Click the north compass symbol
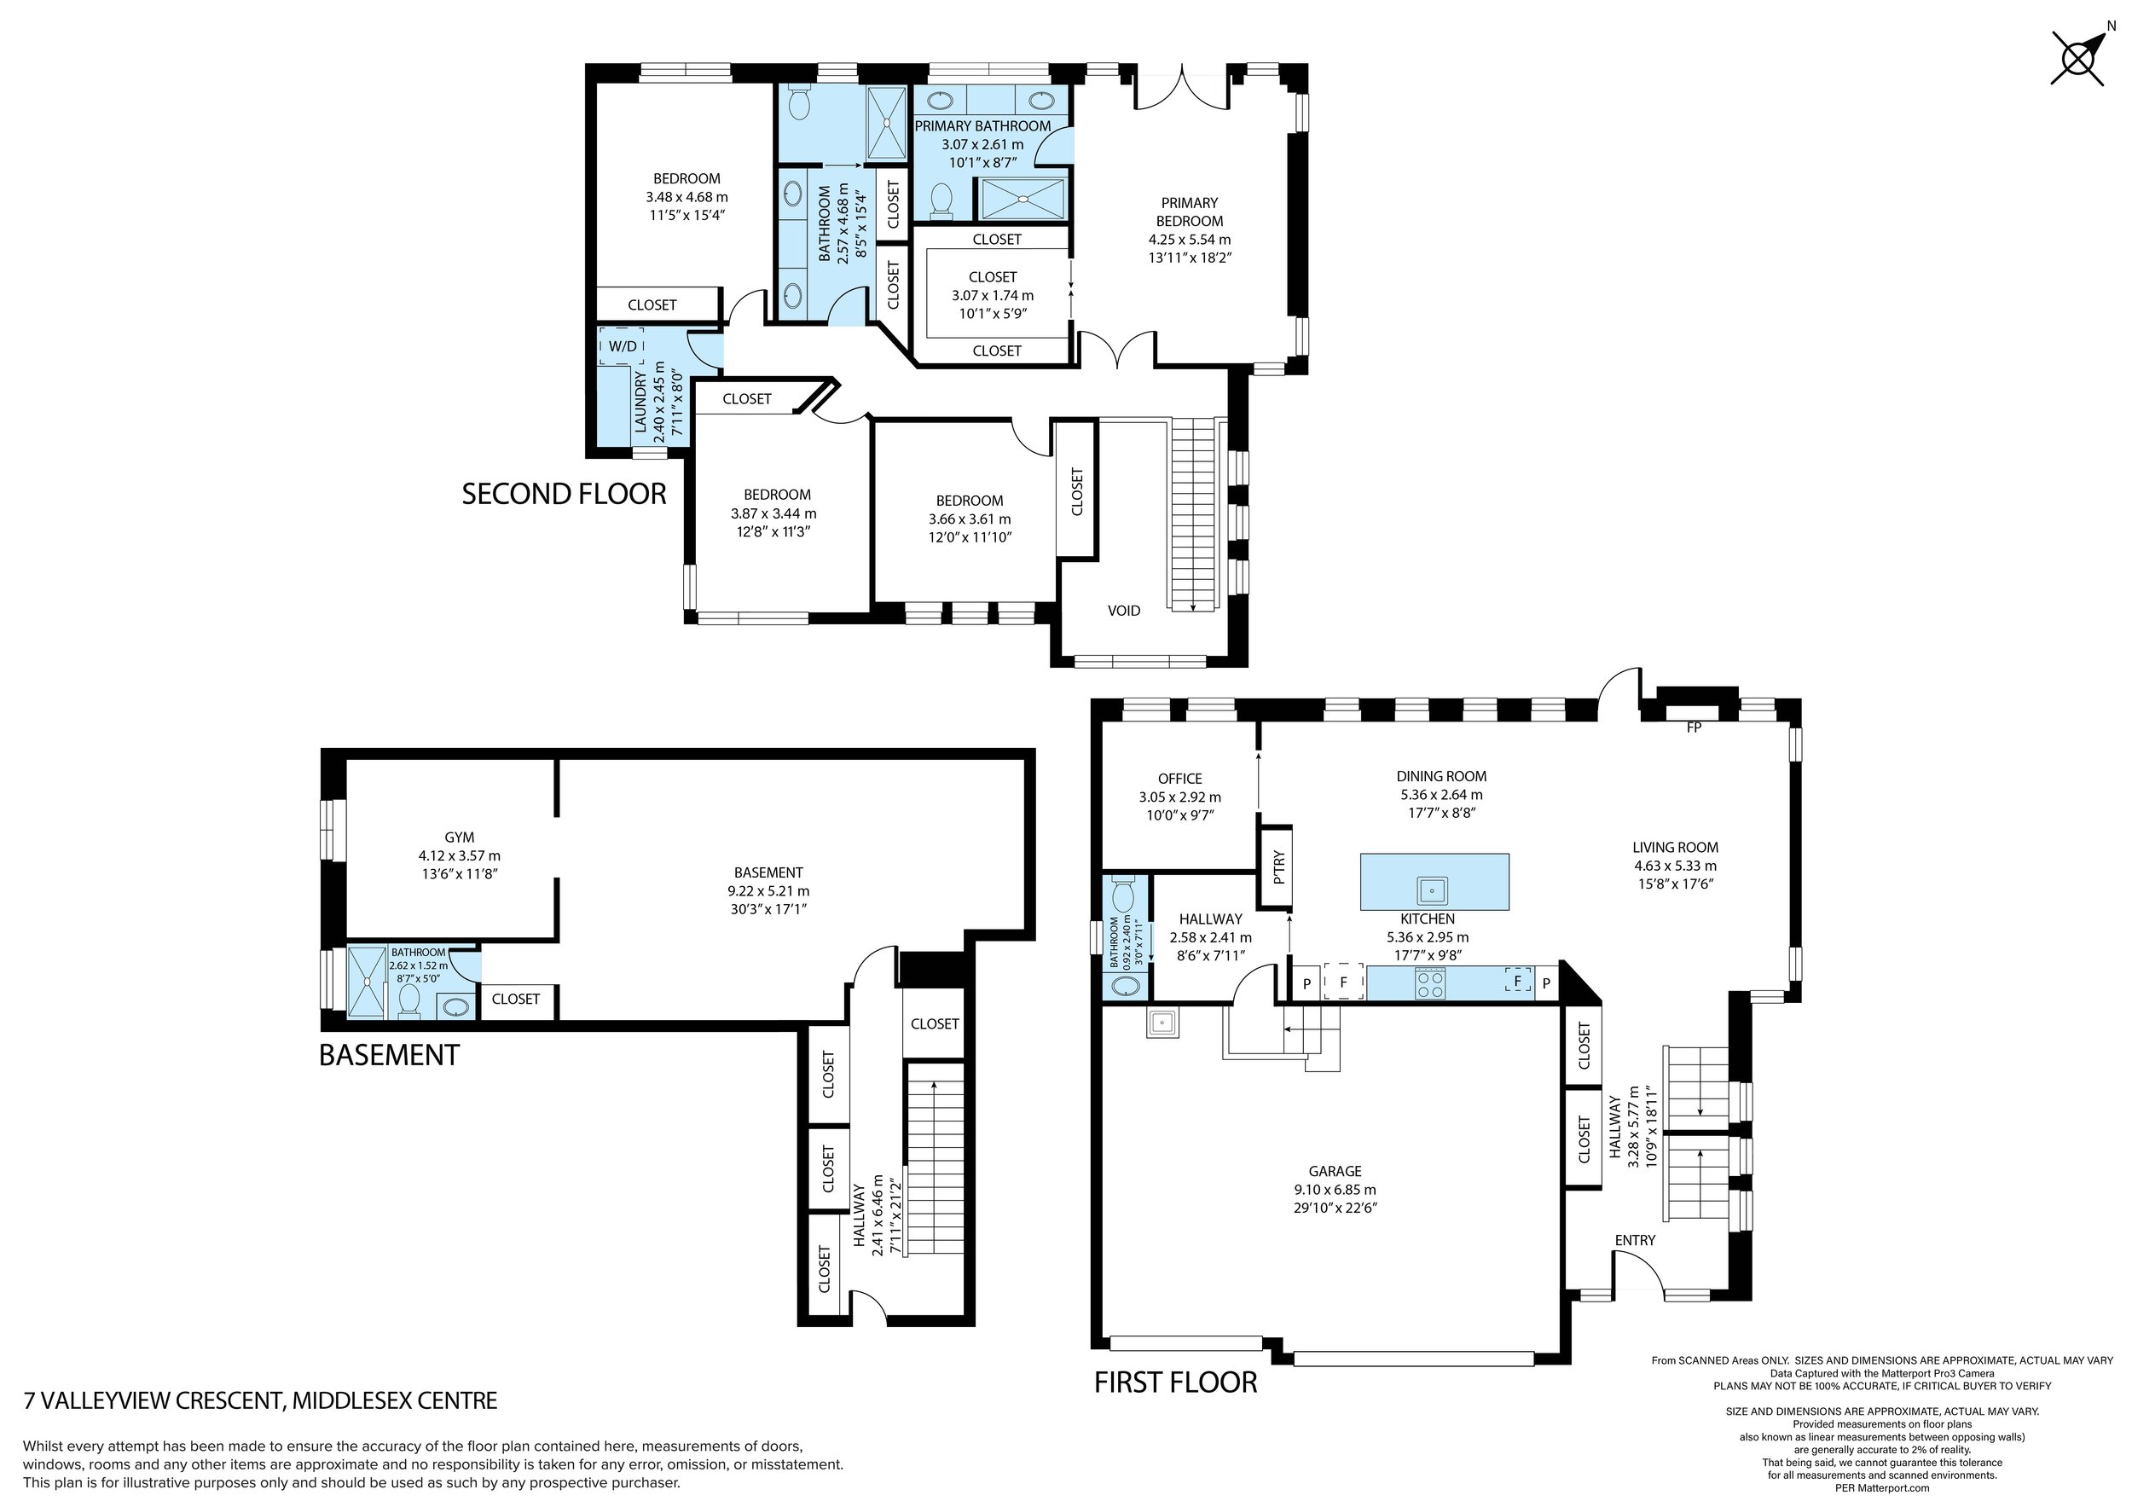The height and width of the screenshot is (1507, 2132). (2077, 59)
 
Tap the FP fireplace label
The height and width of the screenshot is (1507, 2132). (1694, 728)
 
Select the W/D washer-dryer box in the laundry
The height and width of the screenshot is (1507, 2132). (623, 346)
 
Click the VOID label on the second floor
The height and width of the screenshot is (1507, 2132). (1124, 611)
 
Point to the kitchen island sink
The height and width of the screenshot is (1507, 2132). (1433, 890)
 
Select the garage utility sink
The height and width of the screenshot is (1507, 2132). (1162, 1023)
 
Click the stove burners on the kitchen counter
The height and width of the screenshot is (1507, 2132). (1430, 982)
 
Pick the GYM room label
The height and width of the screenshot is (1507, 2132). (460, 838)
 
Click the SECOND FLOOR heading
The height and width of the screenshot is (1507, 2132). (564, 494)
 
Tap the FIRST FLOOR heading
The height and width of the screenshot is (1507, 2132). (1174, 1382)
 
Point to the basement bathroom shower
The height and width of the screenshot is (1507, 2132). (368, 982)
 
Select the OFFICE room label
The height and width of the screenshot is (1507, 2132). (1179, 779)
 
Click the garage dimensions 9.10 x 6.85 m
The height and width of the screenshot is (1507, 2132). (1335, 1191)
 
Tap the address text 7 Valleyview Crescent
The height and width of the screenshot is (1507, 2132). (260, 1401)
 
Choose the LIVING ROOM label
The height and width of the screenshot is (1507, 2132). (1675, 847)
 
